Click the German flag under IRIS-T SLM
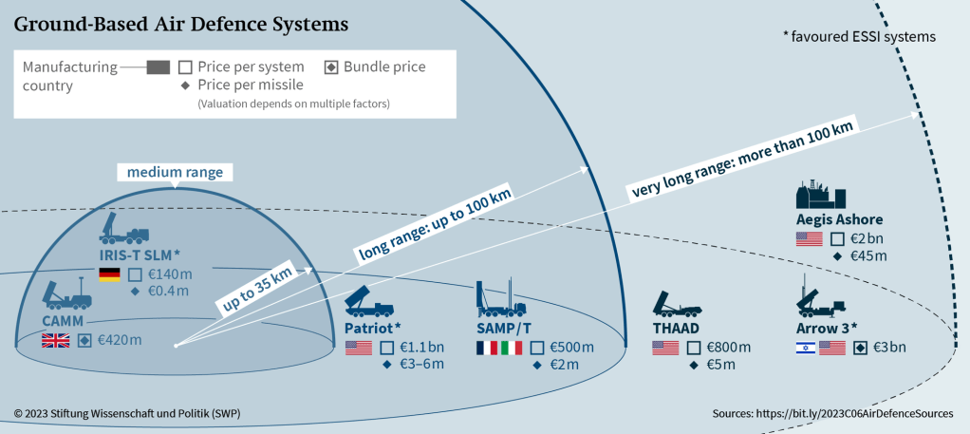[110, 274]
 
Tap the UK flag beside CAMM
[55, 339]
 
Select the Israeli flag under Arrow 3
[805, 348]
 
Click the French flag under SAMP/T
[487, 348]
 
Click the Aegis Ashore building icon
[820, 194]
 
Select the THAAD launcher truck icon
[678, 304]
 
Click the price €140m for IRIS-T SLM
[171, 274]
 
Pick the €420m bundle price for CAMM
[120, 339]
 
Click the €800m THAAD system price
[728, 348]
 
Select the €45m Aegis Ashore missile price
[867, 255]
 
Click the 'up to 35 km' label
[255, 286]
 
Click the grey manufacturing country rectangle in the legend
[159, 67]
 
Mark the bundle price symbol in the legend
[331, 67]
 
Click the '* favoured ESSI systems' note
[859, 37]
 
